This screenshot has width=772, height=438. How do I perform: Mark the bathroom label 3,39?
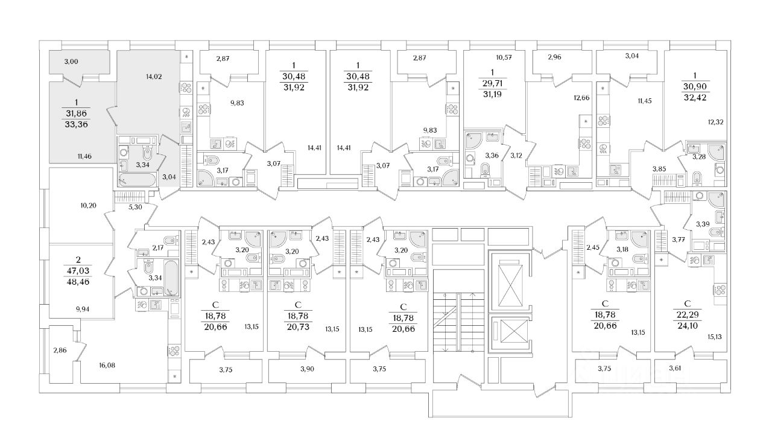pyautogui.click(x=703, y=224)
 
